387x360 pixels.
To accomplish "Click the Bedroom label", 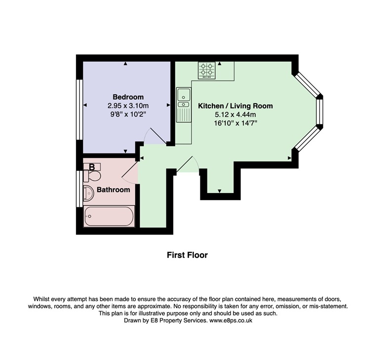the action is pyautogui.click(x=128, y=97).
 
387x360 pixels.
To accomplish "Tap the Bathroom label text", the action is pyautogui.click(x=114, y=190).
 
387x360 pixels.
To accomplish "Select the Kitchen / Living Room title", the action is pyautogui.click(x=235, y=106).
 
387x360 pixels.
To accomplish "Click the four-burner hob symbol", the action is pyautogui.click(x=206, y=70).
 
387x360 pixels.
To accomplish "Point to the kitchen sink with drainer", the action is pyautogui.click(x=184, y=105).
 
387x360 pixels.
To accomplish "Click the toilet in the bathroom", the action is pyautogui.click(x=92, y=176).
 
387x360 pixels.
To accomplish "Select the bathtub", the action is pyautogui.click(x=109, y=216).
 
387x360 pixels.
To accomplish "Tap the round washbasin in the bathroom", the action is pyautogui.click(x=88, y=193).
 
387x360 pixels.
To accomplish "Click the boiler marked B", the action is pyautogui.click(x=92, y=167).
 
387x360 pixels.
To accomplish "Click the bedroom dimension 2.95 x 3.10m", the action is pyautogui.click(x=128, y=106).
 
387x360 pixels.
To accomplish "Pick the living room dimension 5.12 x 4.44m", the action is pyautogui.click(x=235, y=115).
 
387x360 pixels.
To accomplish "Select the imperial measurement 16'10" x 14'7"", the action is pyautogui.click(x=235, y=123).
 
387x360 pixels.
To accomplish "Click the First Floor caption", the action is pyautogui.click(x=188, y=255).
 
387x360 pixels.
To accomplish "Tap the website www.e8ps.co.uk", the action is pyautogui.click(x=231, y=320).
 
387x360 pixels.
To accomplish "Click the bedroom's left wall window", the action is pyautogui.click(x=79, y=110).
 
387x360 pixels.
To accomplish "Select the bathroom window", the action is pyautogui.click(x=79, y=189).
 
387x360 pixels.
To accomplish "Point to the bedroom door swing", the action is pyautogui.click(x=155, y=136).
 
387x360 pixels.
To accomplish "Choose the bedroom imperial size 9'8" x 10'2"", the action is pyautogui.click(x=128, y=115).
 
